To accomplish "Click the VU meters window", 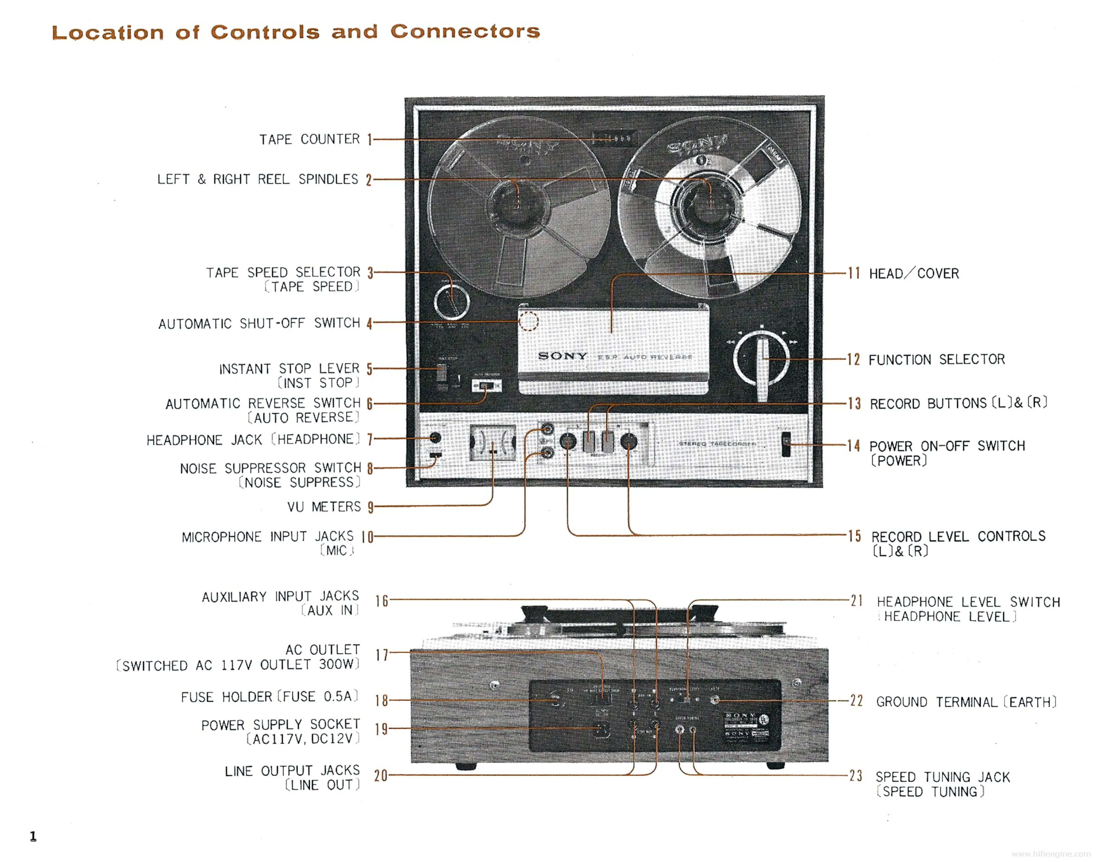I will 492,443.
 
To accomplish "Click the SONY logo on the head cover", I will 563,356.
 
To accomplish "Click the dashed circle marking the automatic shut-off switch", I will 528,321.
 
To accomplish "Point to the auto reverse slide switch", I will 486,386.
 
